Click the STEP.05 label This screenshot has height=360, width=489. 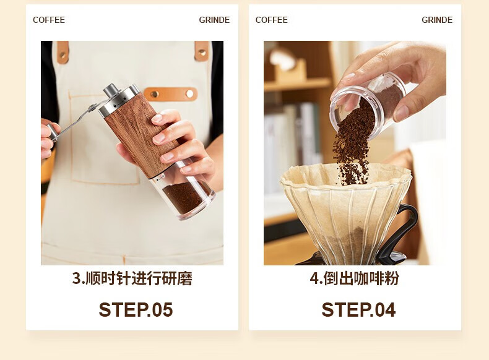(x=136, y=309)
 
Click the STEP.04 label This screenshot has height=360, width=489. (x=358, y=309)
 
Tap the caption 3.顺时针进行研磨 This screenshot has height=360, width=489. (x=132, y=278)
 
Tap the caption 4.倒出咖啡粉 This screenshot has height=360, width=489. (x=355, y=278)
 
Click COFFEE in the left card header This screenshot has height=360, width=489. (x=49, y=20)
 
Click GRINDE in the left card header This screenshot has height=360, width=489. (x=214, y=20)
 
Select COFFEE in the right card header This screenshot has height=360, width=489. (x=272, y=20)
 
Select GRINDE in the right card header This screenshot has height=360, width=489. (x=437, y=20)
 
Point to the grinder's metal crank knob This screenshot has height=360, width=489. (x=53, y=132)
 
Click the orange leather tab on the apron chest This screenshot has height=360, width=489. (x=171, y=93)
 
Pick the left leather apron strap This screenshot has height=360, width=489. (x=63, y=52)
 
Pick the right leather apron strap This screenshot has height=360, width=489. (x=202, y=51)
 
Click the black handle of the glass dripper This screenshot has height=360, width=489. (x=399, y=232)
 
